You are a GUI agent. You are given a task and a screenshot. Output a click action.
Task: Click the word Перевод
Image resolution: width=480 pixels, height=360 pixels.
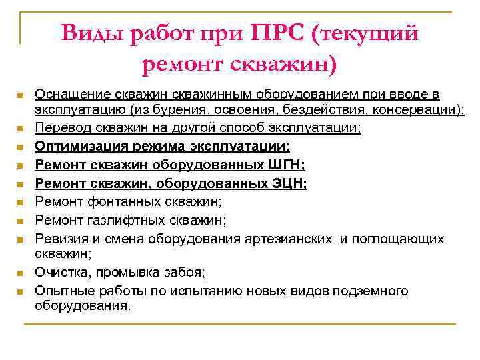(63, 127)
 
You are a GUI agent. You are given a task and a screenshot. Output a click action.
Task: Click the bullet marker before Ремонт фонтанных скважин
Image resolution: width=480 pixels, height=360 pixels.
(21, 201)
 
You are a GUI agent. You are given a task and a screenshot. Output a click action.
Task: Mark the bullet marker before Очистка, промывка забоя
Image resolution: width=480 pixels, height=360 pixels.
(21, 273)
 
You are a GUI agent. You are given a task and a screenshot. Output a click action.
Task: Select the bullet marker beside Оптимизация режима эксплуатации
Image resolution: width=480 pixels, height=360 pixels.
(21, 147)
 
